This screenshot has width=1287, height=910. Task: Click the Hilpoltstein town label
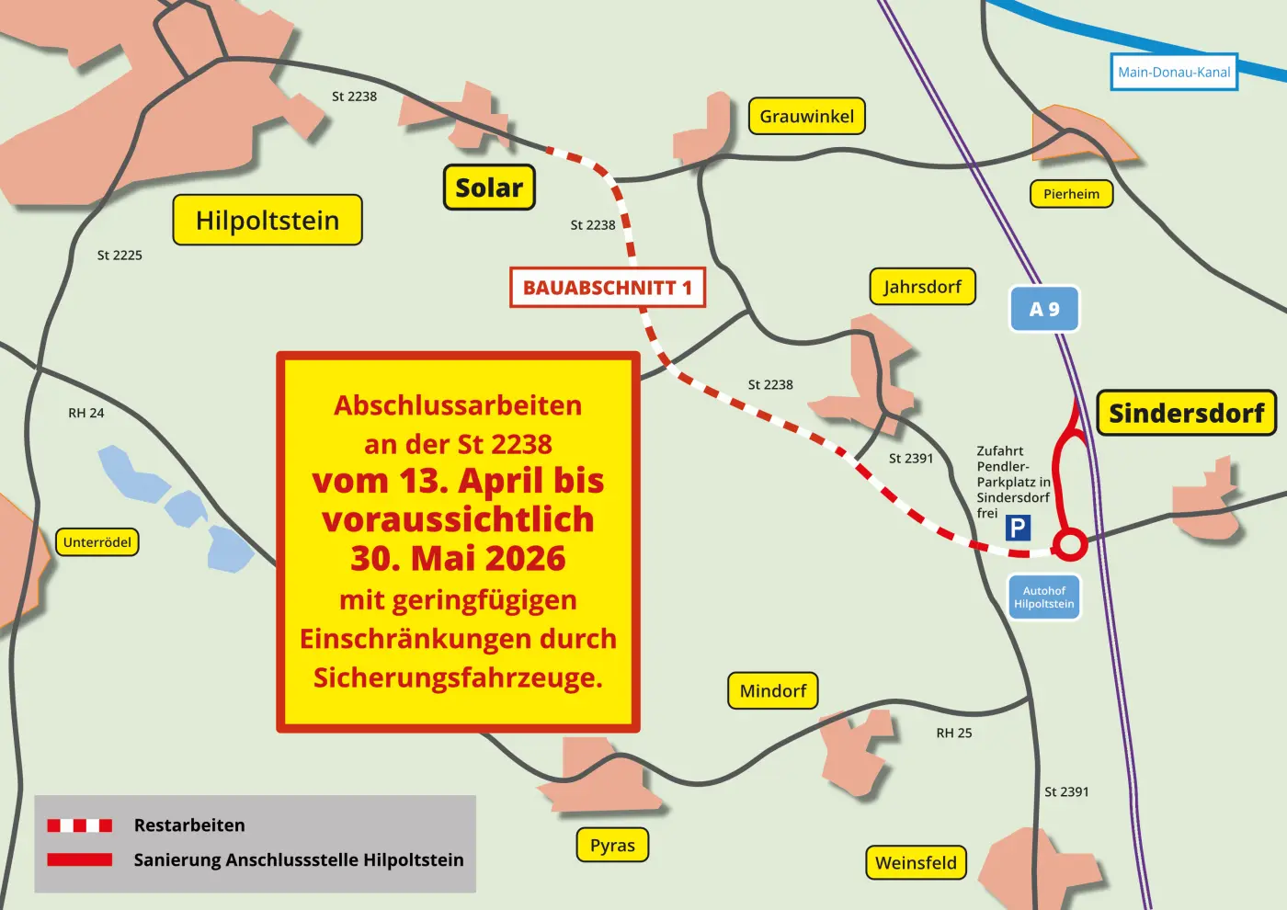coord(268,221)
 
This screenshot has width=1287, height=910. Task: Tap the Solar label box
coord(489,188)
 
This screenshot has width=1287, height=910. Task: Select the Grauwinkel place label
coord(806,117)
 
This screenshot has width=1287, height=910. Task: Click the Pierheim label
coord(1071,194)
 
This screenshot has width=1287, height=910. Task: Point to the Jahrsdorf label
coord(922,287)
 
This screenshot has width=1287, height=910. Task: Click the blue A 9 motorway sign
coord(1044,310)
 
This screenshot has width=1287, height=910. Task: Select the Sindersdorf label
coord(1186,414)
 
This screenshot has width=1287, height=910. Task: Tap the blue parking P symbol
coord(1018,528)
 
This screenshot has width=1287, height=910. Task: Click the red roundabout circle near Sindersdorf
coord(1069,544)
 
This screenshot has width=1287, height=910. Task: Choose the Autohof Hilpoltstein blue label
coord(1044,597)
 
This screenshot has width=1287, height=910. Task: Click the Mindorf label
coord(772,691)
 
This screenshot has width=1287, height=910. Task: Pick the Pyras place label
coord(612,846)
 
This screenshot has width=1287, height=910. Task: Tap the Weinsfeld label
coord(916,863)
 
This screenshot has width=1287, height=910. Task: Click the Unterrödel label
coord(97,542)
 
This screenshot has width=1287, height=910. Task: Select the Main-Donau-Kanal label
coord(1174,73)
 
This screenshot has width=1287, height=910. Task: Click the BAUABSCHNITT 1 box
coord(608,288)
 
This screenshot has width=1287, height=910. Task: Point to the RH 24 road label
coord(86,414)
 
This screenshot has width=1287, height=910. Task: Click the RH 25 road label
coord(954,734)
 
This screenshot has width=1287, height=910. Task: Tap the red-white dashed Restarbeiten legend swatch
coord(80,825)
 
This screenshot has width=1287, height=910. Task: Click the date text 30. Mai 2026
coord(458,559)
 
